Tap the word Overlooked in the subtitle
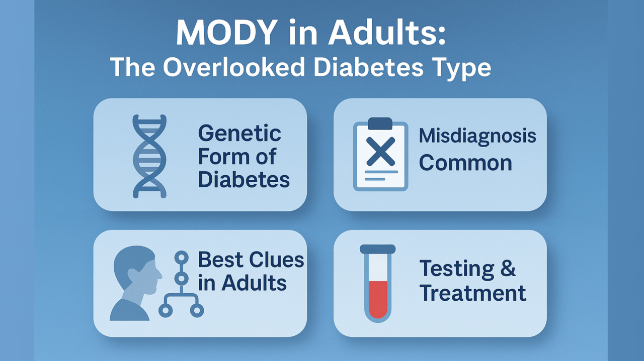pyautogui.click(x=234, y=67)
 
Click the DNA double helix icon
pyautogui.click(x=149, y=156)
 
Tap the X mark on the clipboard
pyautogui.click(x=381, y=152)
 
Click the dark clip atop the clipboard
pyautogui.click(x=380, y=124)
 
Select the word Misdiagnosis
pyautogui.click(x=477, y=137)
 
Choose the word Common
pyautogui.click(x=465, y=163)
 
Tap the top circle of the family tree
pyautogui.click(x=182, y=258)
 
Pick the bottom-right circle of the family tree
pyautogui.click(x=197, y=310)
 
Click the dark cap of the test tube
pyautogui.click(x=378, y=249)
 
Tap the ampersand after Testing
pyautogui.click(x=508, y=268)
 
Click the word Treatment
pyautogui.click(x=472, y=293)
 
